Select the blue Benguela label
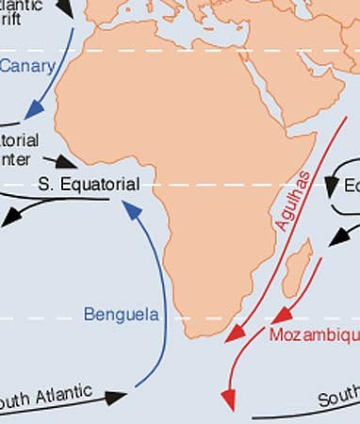tap(121, 314)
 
